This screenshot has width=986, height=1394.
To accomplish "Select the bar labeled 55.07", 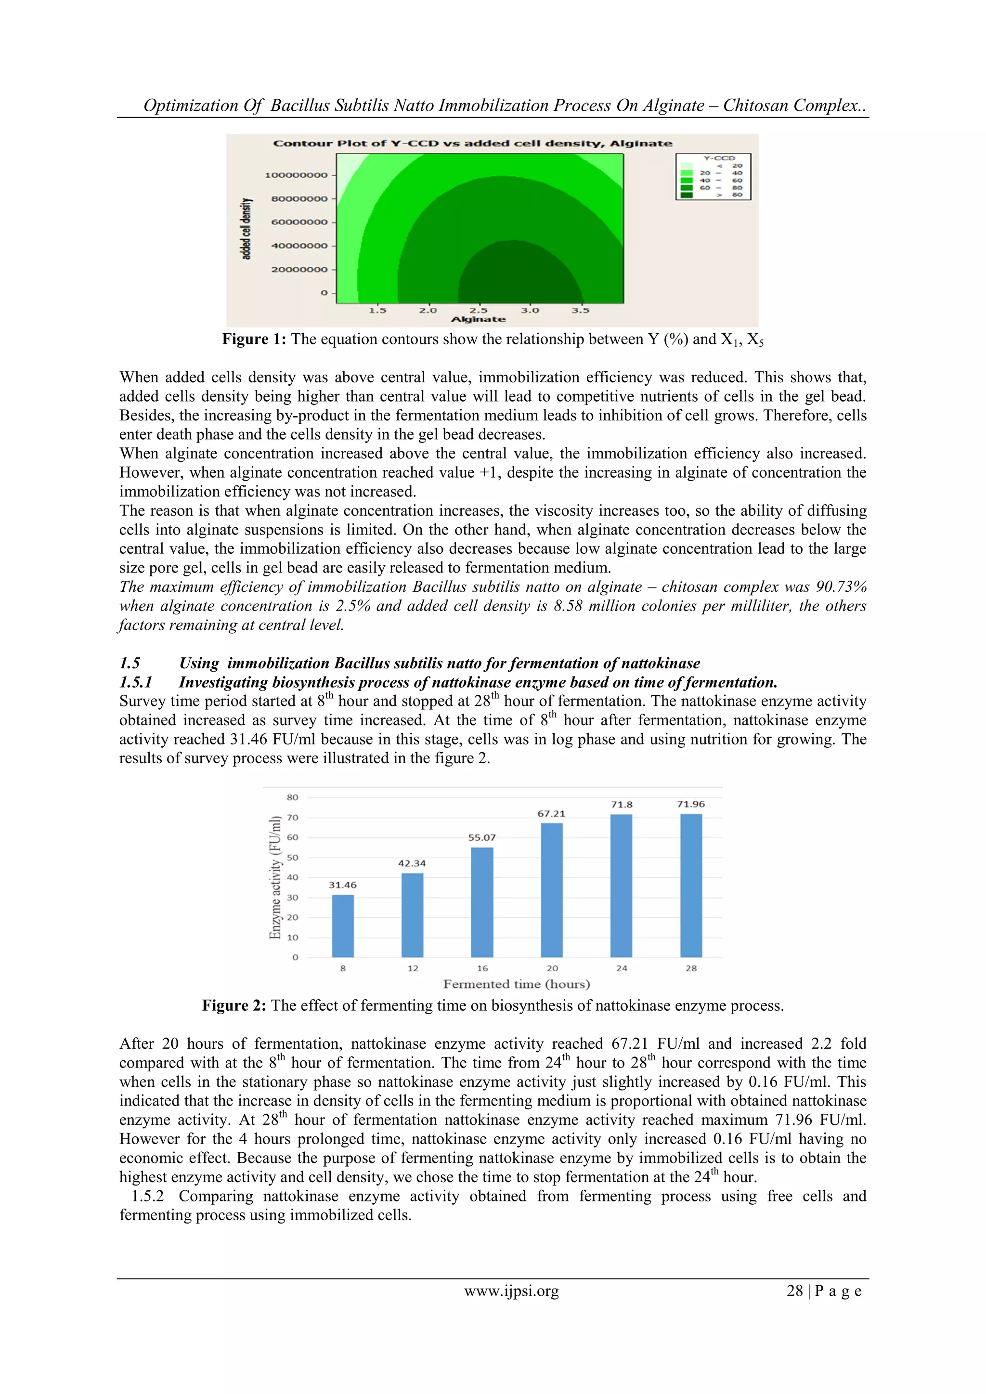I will point(481,902).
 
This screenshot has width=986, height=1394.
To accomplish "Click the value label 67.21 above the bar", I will point(551,814).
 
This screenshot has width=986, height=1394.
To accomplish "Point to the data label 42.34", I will point(412,863).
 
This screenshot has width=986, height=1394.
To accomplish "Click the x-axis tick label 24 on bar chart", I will point(621,968).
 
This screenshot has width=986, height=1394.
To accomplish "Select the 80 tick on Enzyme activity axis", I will point(293,797).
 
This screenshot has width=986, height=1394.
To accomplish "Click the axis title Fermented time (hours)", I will point(516,984).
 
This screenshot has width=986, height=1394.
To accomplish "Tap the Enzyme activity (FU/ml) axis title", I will point(275,877).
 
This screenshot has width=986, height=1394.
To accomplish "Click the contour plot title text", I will point(472,143).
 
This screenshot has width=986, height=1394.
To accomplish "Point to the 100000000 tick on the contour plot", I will point(296,175).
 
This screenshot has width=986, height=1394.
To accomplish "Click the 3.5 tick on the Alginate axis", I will point(581,310).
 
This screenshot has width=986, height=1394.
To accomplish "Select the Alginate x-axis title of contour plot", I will point(479,319).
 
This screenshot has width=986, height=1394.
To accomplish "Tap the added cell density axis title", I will point(246,229).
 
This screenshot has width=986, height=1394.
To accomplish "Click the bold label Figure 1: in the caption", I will point(254,339).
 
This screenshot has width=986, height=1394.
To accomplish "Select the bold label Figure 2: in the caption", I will point(234,1006).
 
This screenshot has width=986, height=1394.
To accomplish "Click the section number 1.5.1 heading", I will point(135,682).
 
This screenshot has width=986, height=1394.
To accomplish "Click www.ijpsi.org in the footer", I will point(511,1291).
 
